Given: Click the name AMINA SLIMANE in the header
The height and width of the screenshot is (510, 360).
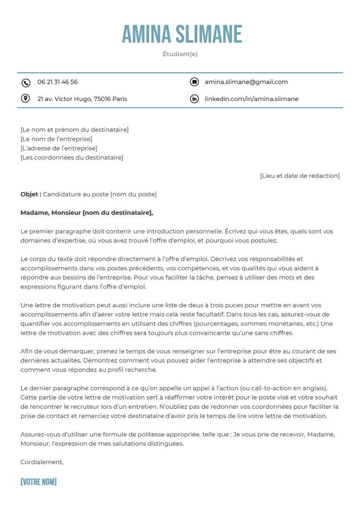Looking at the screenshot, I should coord(182,34).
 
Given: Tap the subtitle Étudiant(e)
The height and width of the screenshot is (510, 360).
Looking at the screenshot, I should coord(180,54).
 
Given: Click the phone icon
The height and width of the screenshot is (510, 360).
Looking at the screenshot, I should coord(26,83).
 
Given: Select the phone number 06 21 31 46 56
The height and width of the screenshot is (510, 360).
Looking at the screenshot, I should coord(58,82).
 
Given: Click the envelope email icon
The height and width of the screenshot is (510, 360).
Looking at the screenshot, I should coord(194,82).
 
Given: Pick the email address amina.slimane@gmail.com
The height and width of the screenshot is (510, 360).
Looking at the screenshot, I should coord(246,82).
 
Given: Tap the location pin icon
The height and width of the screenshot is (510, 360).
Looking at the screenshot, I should coord(26,99).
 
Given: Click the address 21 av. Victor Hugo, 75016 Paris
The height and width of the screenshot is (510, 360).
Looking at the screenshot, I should coord(82,99).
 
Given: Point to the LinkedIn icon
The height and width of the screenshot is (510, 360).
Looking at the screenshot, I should coord(194,99).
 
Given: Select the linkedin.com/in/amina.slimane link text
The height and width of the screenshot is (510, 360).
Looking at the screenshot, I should coord(251,99).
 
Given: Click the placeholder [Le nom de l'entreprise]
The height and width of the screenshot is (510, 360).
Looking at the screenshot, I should coord(57,139).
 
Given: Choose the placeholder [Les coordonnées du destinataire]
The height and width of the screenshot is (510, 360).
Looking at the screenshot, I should coord(72,157).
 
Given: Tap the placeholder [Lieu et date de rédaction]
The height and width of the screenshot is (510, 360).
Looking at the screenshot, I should coord(300,176).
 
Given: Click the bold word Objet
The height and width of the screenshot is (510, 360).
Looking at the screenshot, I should coord(30,194).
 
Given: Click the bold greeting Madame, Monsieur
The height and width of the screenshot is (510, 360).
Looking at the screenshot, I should coord(51,213).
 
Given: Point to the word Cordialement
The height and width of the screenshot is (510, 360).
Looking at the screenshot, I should coord(42,462).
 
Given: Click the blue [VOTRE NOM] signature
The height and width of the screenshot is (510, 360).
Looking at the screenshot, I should coord(38,482).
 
